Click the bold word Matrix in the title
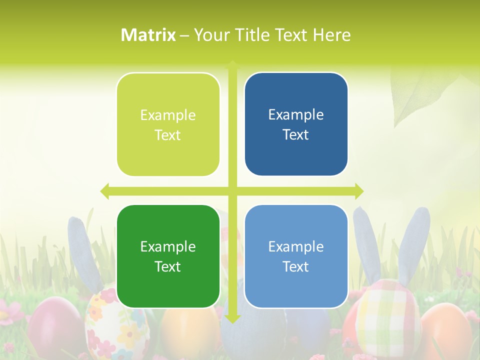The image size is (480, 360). (x=148, y=35)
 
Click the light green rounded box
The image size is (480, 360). (x=168, y=124)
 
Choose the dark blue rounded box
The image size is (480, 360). (x=296, y=124)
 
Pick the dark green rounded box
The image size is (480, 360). (x=168, y=256)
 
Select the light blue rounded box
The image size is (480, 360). (x=296, y=256)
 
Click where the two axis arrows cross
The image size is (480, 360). (x=232, y=191)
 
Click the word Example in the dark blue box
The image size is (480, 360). (x=296, y=114)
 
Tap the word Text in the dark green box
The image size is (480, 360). (x=167, y=266)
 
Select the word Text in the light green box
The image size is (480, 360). (x=167, y=135)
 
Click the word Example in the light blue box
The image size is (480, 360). (x=296, y=246)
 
